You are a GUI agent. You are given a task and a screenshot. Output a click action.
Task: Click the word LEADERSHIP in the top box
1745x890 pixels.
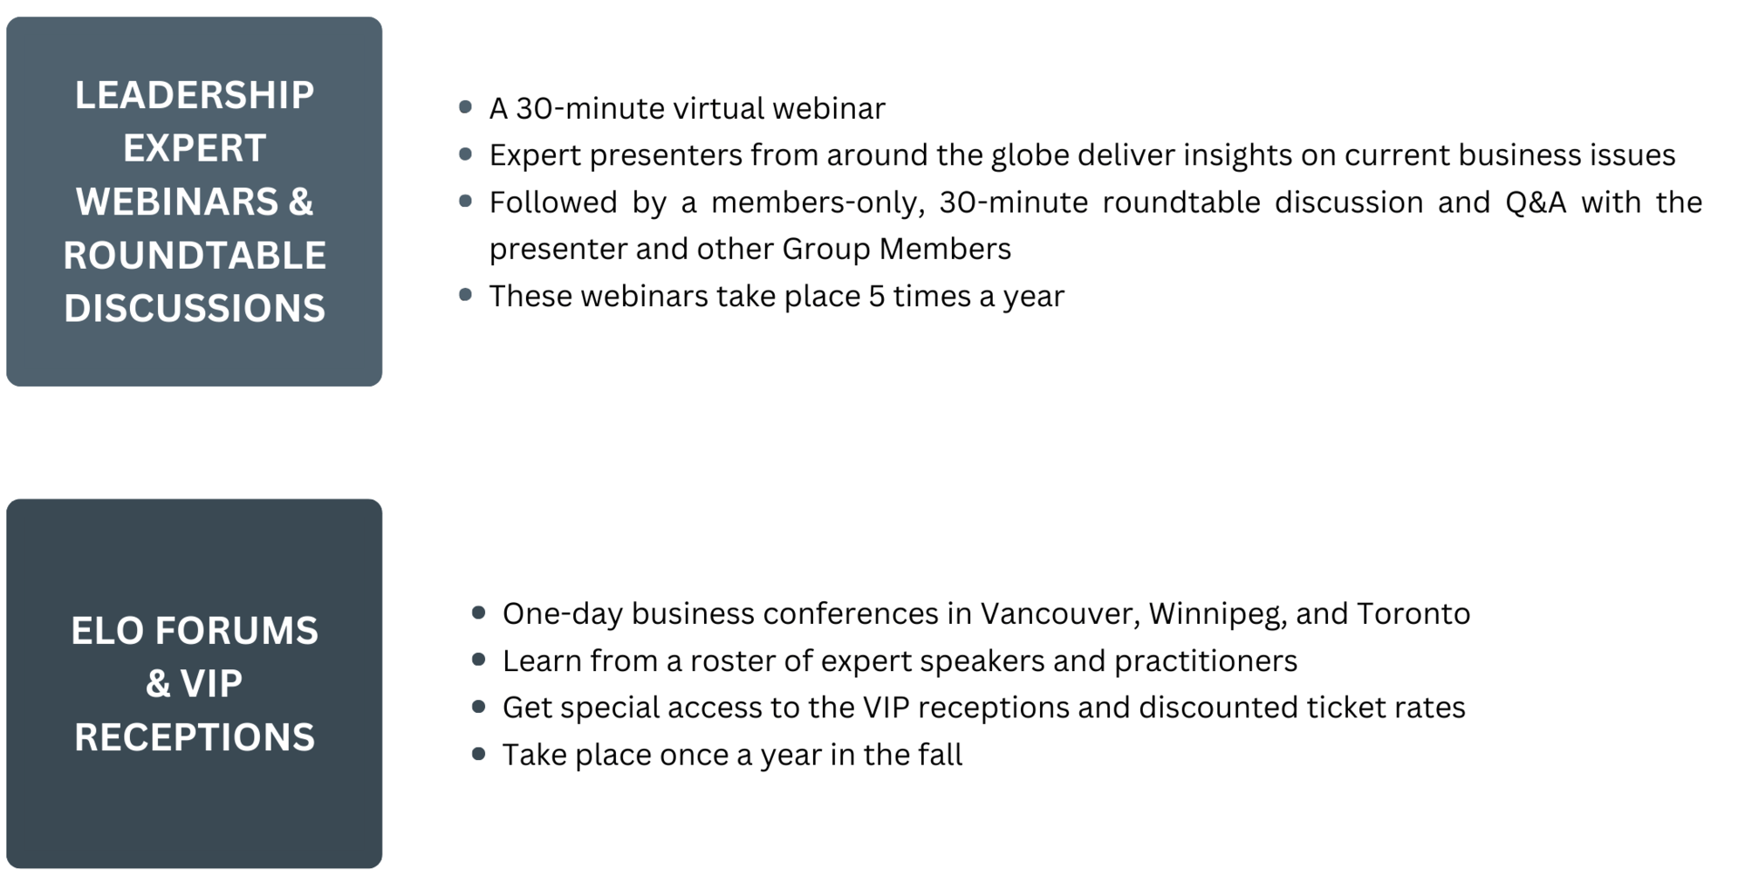194,95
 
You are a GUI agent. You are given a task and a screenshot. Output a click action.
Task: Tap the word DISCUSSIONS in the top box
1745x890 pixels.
194,309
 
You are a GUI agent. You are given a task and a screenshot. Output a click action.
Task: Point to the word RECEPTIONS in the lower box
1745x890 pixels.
194,737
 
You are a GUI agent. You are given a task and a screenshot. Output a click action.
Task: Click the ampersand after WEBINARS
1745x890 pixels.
300,202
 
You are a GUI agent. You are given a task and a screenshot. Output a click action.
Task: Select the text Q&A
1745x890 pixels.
1536,202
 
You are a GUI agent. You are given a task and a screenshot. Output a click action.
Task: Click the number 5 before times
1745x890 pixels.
876,297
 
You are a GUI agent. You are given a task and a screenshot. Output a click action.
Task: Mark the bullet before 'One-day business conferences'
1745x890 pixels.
478,613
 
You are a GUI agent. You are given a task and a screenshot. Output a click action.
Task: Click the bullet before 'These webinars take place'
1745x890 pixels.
465,295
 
